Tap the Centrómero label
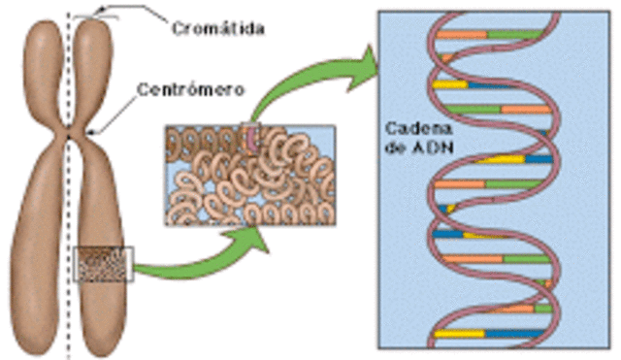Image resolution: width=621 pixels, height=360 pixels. [x=190, y=88]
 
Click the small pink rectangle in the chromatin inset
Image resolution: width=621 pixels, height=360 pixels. [x=253, y=139]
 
